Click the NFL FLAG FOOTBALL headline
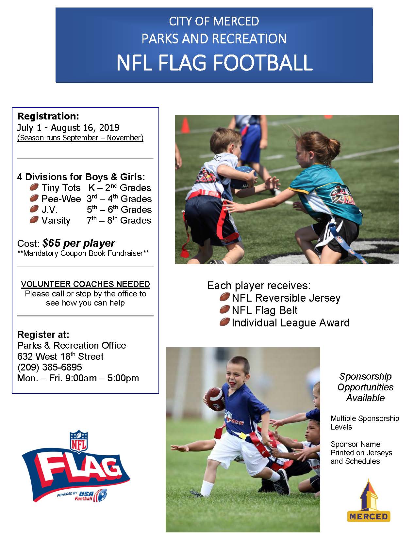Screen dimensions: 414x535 [x=214, y=63]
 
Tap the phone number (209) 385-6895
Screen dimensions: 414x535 [x=50, y=367]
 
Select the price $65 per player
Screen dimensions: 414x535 [x=79, y=243]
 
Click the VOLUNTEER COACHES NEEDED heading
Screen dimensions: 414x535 [x=85, y=284]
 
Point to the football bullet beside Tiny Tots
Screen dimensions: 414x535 [x=34, y=187]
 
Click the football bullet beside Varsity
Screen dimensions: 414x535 [x=34, y=220]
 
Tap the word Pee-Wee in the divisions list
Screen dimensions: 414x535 [x=61, y=199]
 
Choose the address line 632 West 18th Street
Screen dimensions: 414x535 [x=60, y=356]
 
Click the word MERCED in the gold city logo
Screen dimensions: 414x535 [x=369, y=516]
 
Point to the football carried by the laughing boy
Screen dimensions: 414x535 [x=215, y=399]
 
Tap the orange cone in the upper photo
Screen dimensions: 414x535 [x=186, y=126]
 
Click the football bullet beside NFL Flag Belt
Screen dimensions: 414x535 [x=224, y=310]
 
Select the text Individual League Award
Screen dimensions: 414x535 [x=291, y=323]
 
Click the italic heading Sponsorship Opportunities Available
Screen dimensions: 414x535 [x=365, y=387]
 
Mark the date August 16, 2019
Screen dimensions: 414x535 [x=85, y=128]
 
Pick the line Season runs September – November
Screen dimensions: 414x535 [x=80, y=138]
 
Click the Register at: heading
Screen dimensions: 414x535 [x=43, y=335]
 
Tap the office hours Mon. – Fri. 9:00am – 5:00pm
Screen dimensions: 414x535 [x=78, y=378]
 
